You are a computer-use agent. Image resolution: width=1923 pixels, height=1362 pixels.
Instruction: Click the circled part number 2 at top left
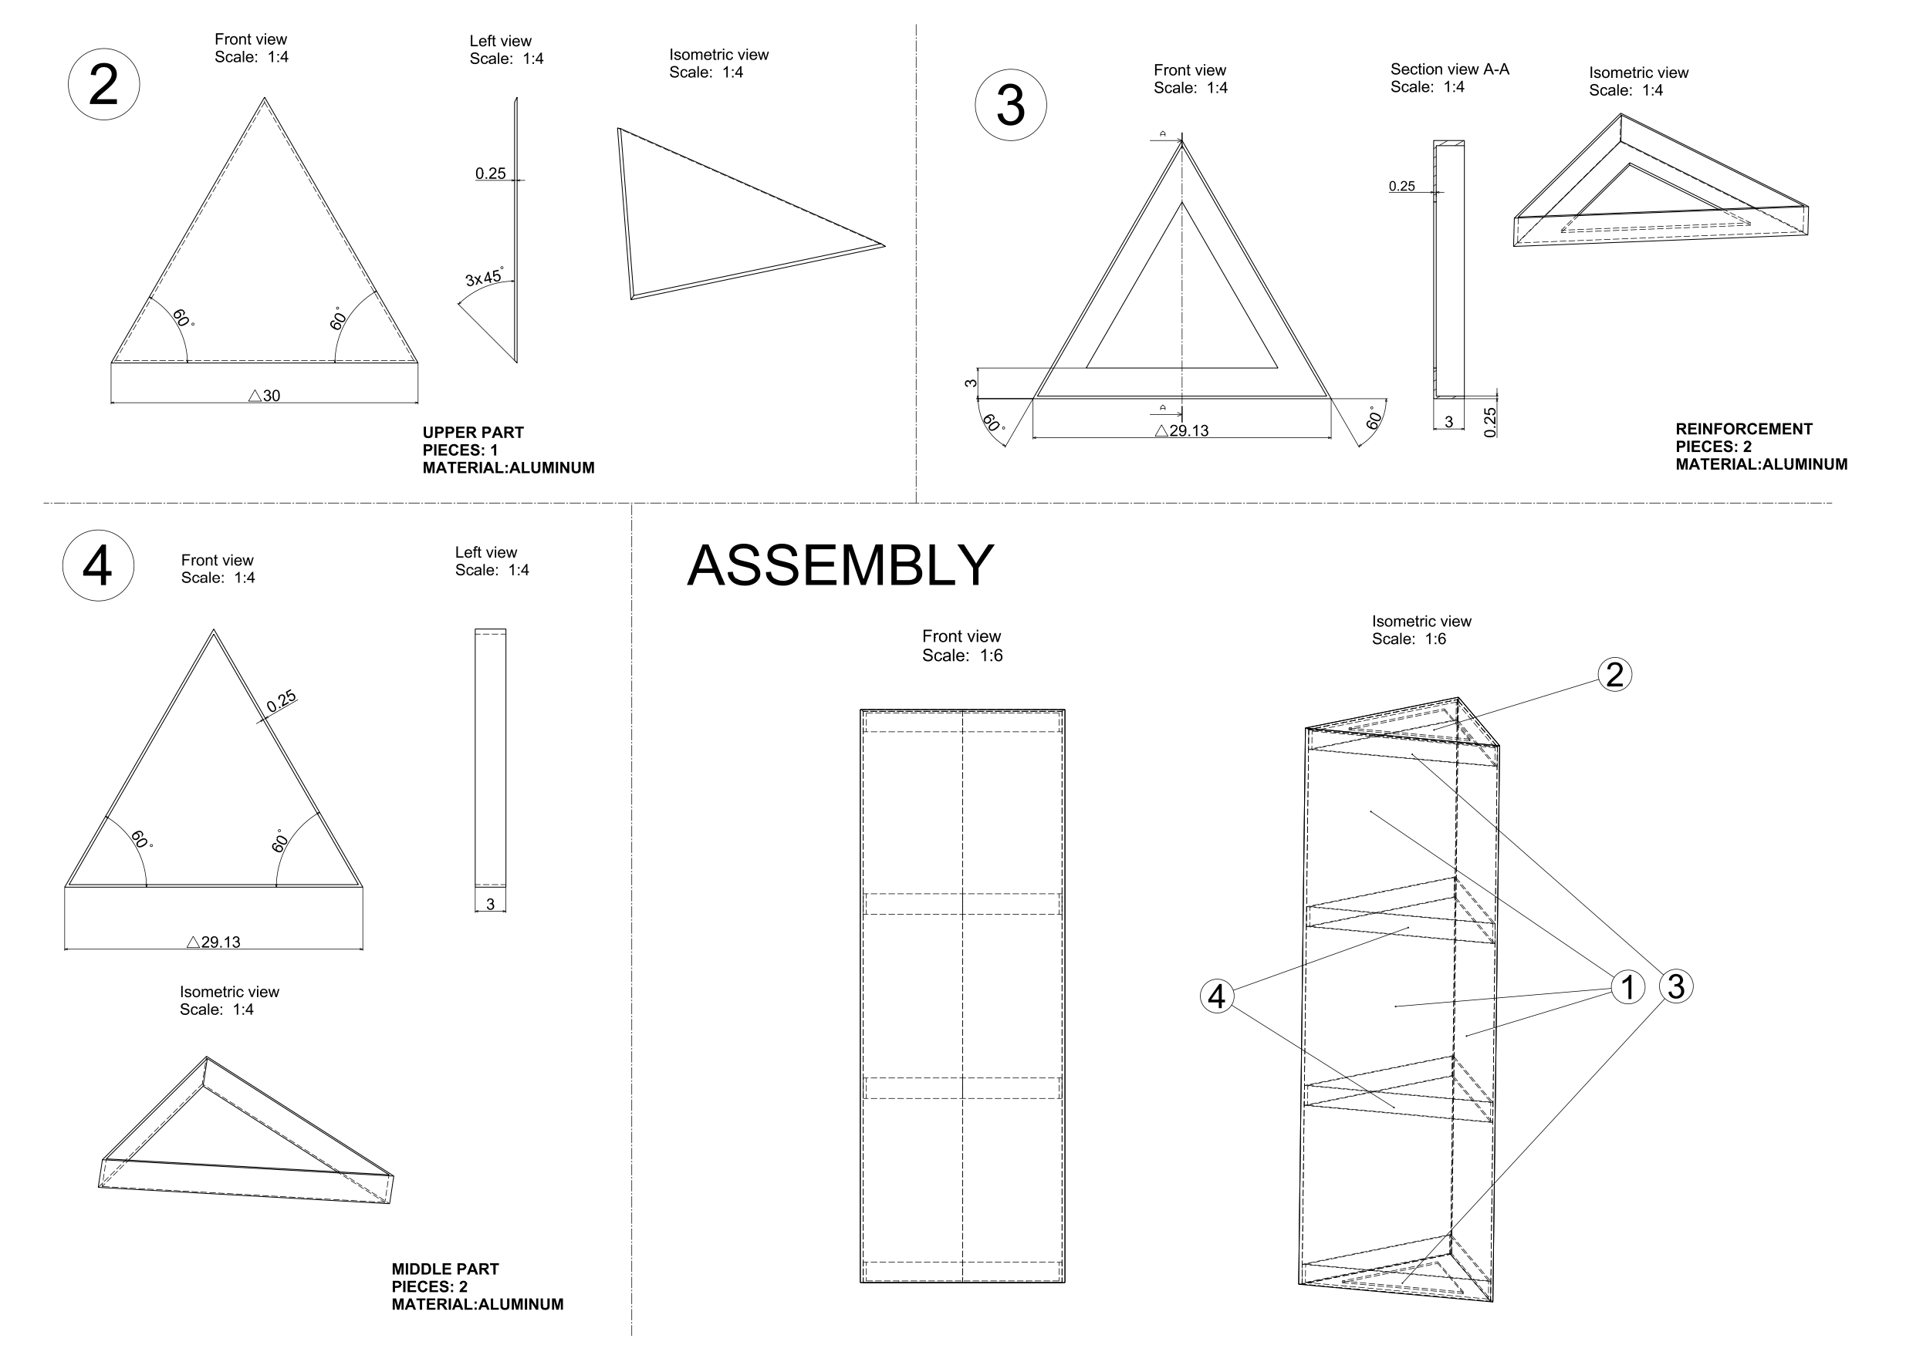pos(103,85)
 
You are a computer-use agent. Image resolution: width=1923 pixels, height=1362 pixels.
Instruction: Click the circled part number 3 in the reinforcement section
pos(1010,106)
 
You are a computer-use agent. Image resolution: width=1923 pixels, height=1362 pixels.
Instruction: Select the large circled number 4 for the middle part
pos(98,565)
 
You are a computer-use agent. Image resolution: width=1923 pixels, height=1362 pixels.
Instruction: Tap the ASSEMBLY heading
pos(840,565)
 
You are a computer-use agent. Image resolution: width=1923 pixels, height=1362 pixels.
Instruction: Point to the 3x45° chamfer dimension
pos(484,278)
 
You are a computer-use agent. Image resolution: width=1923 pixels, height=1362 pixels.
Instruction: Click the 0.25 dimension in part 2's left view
pos(490,174)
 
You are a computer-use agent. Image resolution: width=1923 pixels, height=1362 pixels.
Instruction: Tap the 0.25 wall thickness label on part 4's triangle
pos(281,701)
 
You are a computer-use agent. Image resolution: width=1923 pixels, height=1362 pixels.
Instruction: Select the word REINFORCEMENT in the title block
pos(1743,430)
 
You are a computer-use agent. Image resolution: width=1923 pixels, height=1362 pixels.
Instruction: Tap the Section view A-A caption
pos(1449,69)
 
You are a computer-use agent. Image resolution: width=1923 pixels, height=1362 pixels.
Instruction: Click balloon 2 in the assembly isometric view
pos(1614,674)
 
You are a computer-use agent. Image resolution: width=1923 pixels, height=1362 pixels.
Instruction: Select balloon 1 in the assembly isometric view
pos(1627,987)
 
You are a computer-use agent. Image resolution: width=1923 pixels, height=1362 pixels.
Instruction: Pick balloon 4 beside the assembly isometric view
pos(1217,996)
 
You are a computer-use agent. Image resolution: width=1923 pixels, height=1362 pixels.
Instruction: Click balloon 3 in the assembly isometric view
pos(1675,986)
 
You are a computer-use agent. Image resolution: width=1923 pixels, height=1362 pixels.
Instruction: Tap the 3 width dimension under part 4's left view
pos(490,905)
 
